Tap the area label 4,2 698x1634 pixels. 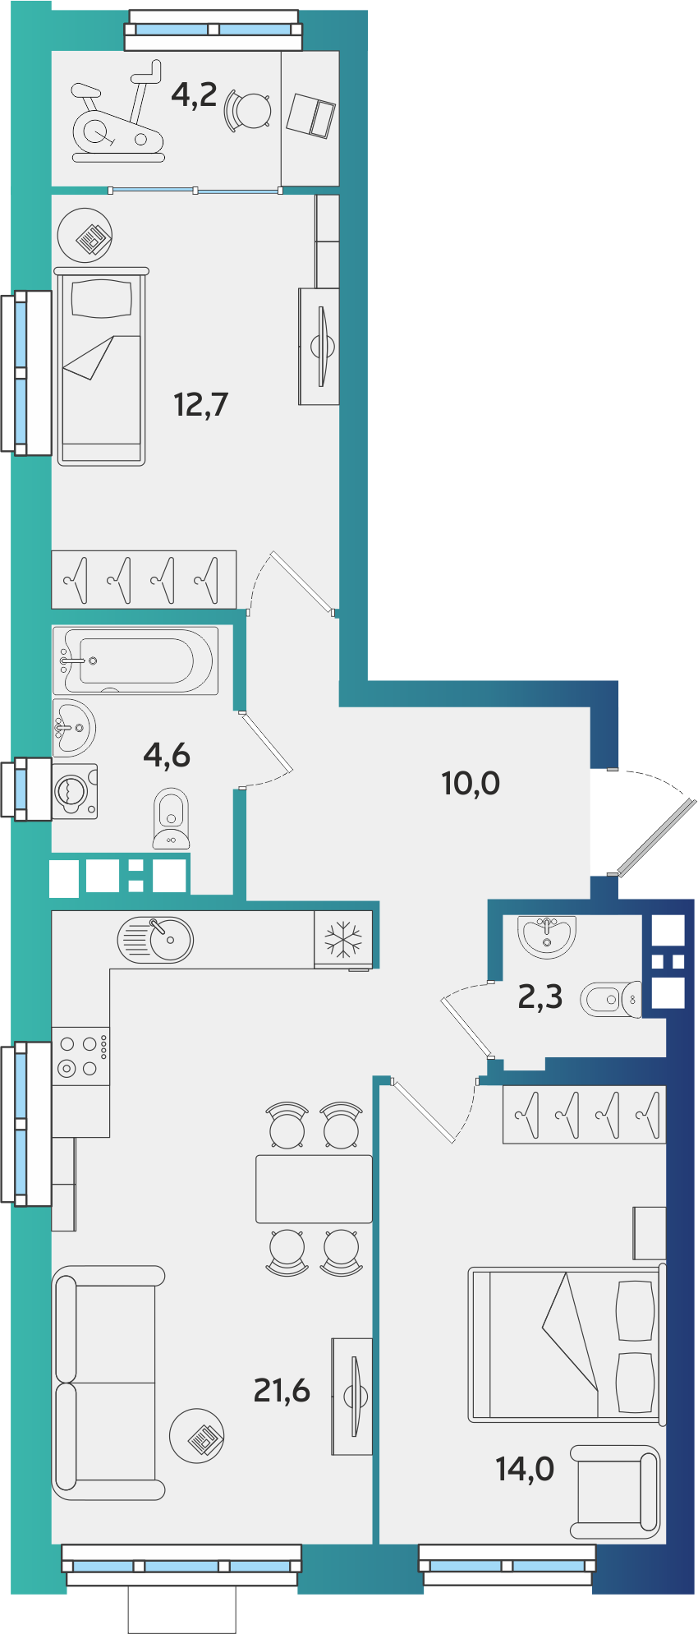(x=194, y=94)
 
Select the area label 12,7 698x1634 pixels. (x=201, y=404)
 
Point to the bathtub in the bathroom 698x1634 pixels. (x=135, y=661)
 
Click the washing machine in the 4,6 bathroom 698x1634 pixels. (x=75, y=791)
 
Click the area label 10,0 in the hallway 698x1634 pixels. (x=471, y=783)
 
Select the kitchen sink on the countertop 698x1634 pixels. (x=155, y=940)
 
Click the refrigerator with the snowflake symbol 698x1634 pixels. (x=343, y=939)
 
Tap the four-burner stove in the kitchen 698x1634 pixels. (x=80, y=1056)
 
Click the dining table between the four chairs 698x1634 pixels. (x=314, y=1189)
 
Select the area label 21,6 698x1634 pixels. (x=282, y=1390)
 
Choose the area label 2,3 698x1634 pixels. (x=540, y=997)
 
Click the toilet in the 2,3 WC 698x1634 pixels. (x=611, y=999)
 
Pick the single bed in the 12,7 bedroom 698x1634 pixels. (x=102, y=366)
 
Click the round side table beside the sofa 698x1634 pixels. (x=197, y=1435)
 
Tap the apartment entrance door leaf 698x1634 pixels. (x=656, y=835)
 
